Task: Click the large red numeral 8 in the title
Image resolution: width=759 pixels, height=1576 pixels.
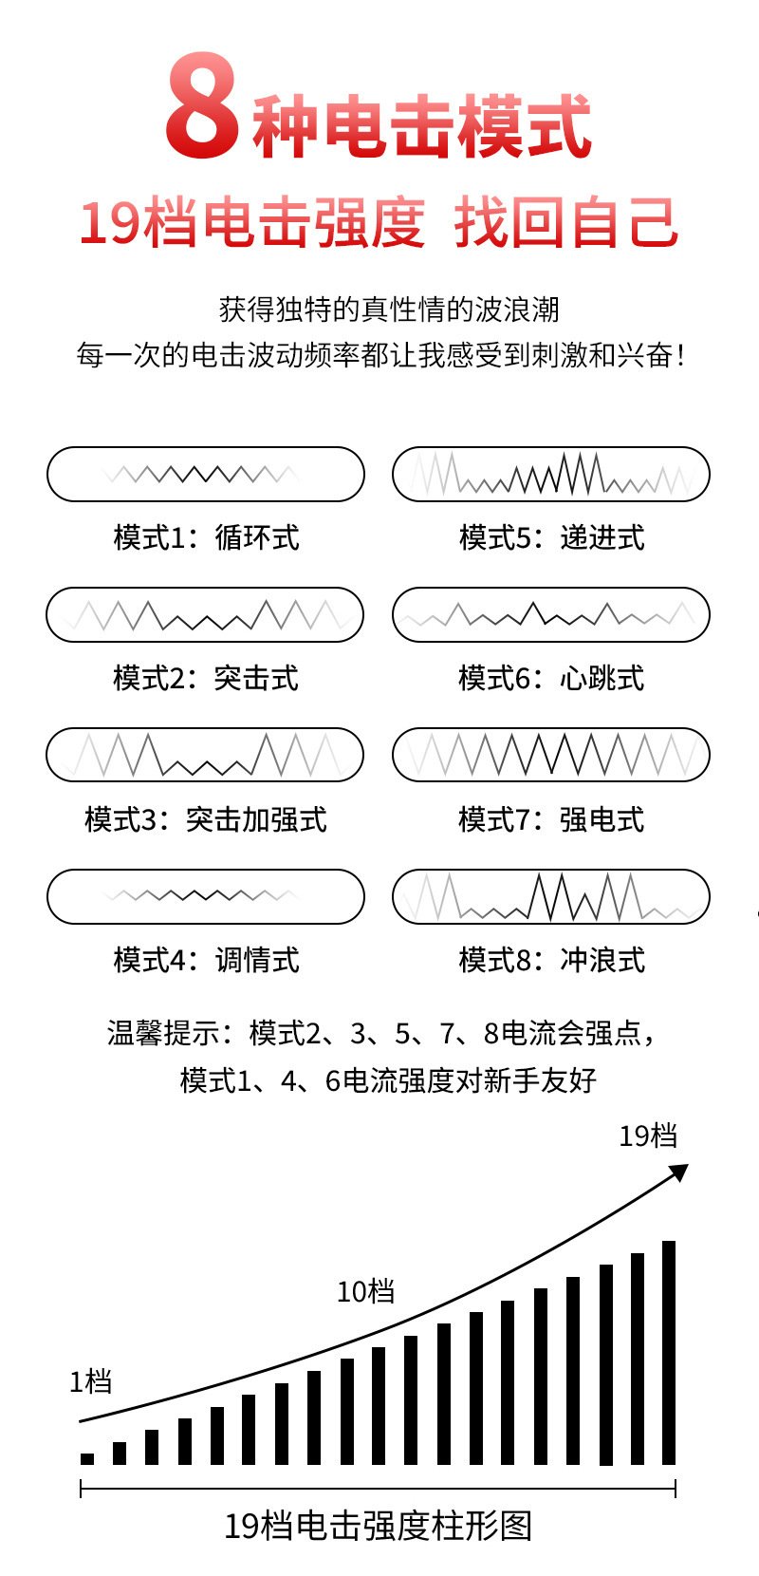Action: click(x=201, y=106)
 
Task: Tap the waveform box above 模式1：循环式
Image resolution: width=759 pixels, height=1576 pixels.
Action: click(x=205, y=474)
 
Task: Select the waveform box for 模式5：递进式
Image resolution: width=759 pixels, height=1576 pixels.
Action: click(x=550, y=474)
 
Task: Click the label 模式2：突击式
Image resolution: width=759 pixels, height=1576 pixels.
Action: click(x=205, y=678)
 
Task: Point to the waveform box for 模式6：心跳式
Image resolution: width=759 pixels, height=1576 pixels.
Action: click(x=550, y=614)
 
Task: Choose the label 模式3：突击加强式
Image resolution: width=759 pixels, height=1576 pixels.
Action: click(x=205, y=818)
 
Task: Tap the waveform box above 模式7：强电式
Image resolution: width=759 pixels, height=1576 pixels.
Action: click(x=550, y=755)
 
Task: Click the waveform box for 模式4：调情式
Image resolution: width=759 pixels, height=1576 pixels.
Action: click(x=205, y=896)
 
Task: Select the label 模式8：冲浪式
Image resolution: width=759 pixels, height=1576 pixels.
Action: click(x=551, y=960)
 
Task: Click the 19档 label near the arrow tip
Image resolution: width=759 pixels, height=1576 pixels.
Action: click(x=648, y=1135)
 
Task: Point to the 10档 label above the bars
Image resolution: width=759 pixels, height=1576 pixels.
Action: click(x=365, y=1291)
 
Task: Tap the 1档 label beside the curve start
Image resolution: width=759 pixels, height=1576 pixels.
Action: click(x=91, y=1381)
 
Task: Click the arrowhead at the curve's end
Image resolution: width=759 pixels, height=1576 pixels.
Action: click(x=678, y=1172)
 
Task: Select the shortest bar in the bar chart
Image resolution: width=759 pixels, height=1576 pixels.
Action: click(x=87, y=1458)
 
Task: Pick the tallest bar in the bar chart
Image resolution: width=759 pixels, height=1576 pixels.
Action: click(x=669, y=1352)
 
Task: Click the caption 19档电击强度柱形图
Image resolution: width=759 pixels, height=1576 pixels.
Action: click(x=378, y=1526)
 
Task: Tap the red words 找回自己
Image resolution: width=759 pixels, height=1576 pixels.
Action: click(x=566, y=224)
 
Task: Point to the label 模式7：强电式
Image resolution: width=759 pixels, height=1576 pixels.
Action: click(x=551, y=818)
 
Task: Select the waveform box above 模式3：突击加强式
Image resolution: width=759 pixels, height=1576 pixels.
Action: click(x=205, y=755)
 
